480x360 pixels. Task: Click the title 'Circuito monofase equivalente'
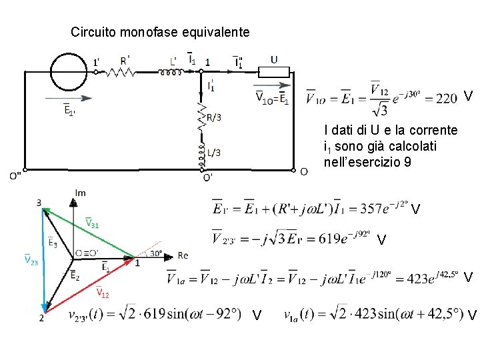click(x=160, y=31)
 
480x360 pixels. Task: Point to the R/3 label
click(x=213, y=118)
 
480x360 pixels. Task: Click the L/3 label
click(x=213, y=153)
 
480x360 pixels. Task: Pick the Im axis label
click(x=80, y=193)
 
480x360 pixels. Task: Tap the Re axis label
click(x=183, y=256)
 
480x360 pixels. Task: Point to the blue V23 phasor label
click(x=31, y=260)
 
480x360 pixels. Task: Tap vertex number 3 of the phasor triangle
click(x=39, y=203)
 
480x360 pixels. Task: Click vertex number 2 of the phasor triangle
click(x=41, y=318)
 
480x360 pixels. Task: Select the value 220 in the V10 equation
click(x=447, y=98)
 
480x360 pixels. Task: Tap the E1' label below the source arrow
click(x=69, y=111)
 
